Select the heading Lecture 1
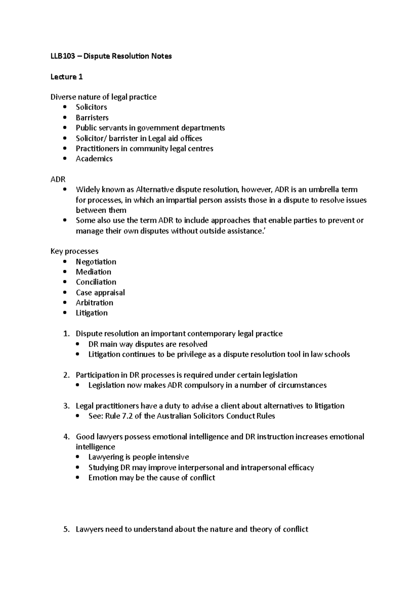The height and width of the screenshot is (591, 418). pyautogui.click(x=67, y=77)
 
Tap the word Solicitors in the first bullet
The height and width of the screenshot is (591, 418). pyautogui.click(x=91, y=107)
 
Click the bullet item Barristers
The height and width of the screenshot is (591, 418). pyautogui.click(x=92, y=118)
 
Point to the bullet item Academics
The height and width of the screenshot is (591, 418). pyautogui.click(x=94, y=159)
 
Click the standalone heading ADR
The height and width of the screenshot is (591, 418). pyautogui.click(x=58, y=179)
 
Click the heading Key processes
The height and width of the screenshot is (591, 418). pyautogui.click(x=75, y=251)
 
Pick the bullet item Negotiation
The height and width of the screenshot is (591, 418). pyautogui.click(x=96, y=262)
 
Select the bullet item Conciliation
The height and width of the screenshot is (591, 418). pyautogui.click(x=96, y=282)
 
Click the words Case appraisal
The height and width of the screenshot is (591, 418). pyautogui.click(x=100, y=292)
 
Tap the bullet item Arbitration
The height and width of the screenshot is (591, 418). pyautogui.click(x=94, y=303)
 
